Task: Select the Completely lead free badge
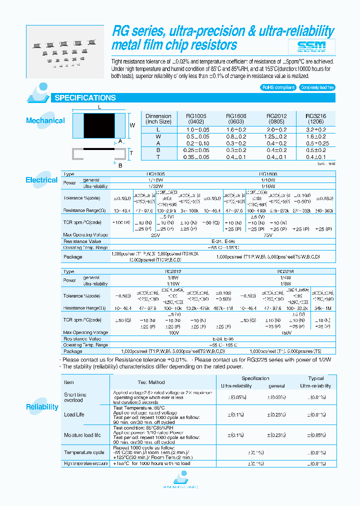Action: (317, 87)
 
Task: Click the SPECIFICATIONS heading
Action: (85, 98)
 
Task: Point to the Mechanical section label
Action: (45, 120)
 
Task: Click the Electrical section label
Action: (41, 180)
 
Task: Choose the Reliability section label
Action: (42, 407)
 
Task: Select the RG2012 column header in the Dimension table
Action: (276, 118)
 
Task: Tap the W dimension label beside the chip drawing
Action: (132, 125)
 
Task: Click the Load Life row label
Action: (74, 414)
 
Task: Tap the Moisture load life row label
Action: (82, 435)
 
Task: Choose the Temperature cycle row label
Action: (84, 452)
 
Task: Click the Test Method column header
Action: (151, 382)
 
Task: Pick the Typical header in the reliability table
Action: (315, 378)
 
